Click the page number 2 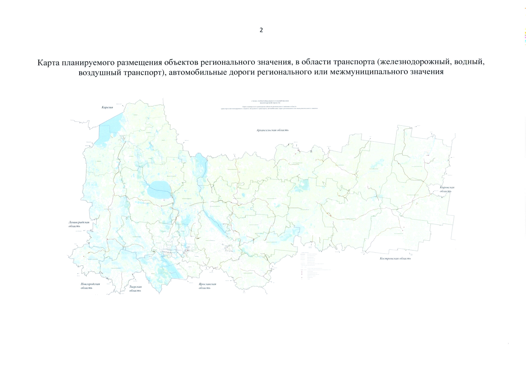261,30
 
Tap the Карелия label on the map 107,107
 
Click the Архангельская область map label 272,130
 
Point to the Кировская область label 447,189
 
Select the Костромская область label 395,258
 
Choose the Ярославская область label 207,286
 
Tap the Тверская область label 135,289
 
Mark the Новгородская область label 90,286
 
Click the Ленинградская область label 78,224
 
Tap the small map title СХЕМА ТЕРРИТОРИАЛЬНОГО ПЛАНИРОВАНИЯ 270,101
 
